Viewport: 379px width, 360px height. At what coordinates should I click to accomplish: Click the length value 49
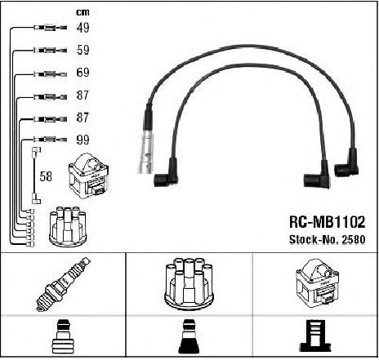click(x=82, y=28)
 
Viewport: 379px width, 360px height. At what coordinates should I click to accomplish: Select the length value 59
click(x=82, y=50)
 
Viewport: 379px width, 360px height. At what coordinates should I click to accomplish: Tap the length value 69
click(x=82, y=73)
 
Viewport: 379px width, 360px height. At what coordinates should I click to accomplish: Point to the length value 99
click(x=82, y=140)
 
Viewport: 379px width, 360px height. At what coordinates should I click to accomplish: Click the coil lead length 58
click(x=46, y=176)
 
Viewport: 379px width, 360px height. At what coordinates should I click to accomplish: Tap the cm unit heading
click(x=82, y=12)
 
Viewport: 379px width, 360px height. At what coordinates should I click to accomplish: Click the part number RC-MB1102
click(x=327, y=222)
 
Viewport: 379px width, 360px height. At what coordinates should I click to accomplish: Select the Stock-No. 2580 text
click(x=327, y=239)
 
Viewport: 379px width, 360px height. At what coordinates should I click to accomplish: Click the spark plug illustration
click(x=63, y=284)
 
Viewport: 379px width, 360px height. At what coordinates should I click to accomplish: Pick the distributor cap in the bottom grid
click(x=189, y=284)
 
